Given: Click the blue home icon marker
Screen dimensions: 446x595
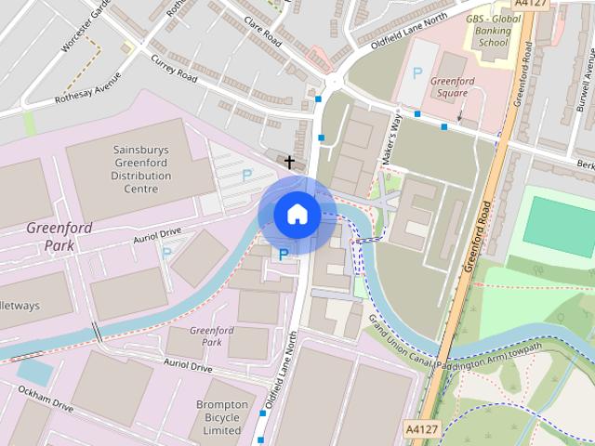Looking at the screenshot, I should coord(297,215).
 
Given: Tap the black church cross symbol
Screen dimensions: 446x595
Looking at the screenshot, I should coord(289,163).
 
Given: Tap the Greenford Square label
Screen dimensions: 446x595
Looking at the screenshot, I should coord(454,86).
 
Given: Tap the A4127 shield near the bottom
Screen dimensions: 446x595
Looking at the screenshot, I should coord(421,428).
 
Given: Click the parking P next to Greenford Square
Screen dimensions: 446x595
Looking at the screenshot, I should coord(416,72).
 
